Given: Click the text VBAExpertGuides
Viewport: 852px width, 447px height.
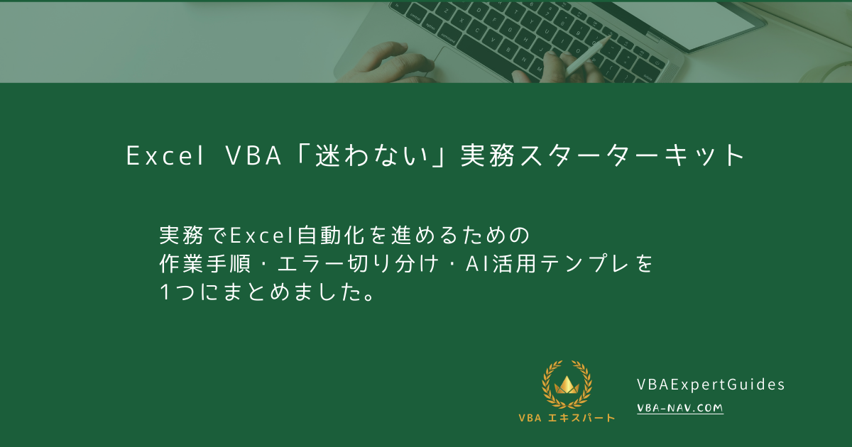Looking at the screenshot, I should tap(711, 385).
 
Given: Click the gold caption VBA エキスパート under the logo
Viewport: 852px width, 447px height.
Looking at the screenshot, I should tap(567, 417).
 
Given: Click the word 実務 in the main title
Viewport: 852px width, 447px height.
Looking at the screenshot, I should tap(480, 156).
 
